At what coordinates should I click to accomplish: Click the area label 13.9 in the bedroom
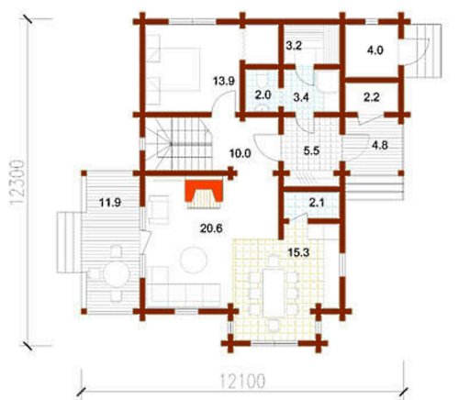click(224, 81)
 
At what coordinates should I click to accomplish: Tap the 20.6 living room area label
click(211, 228)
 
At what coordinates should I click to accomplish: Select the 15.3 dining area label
click(298, 252)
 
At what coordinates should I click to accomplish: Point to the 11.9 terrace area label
click(110, 203)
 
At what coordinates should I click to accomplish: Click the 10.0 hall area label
click(241, 153)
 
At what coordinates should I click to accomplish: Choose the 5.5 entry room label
click(311, 150)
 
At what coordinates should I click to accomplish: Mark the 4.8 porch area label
click(380, 145)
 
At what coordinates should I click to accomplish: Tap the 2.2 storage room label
click(372, 97)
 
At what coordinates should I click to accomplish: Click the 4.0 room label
click(375, 50)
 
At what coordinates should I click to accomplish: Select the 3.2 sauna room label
click(294, 46)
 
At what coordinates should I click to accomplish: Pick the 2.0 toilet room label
click(263, 95)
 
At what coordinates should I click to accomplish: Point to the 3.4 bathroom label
click(301, 98)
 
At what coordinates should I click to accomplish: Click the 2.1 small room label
click(317, 203)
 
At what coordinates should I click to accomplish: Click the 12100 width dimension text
click(242, 381)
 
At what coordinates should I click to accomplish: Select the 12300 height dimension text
click(17, 182)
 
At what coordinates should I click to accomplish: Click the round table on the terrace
click(117, 273)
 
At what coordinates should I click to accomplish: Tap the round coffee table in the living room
click(194, 260)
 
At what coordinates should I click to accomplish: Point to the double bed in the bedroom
click(174, 69)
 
